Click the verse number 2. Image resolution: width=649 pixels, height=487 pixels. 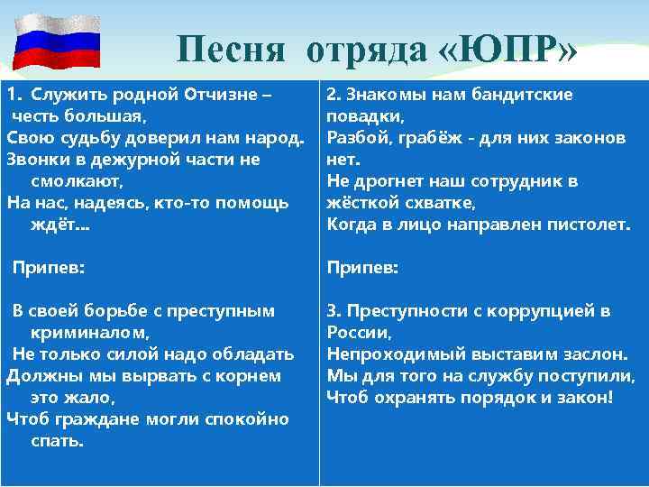tap(332, 95)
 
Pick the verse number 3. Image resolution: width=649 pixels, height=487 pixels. tap(332, 311)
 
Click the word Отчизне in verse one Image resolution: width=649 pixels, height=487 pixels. tap(222, 95)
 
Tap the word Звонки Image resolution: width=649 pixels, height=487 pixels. tap(34, 160)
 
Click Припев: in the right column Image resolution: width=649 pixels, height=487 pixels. tap(362, 268)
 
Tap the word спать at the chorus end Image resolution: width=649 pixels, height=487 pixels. tap(56, 441)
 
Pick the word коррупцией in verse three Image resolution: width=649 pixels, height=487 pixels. tap(541, 311)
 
